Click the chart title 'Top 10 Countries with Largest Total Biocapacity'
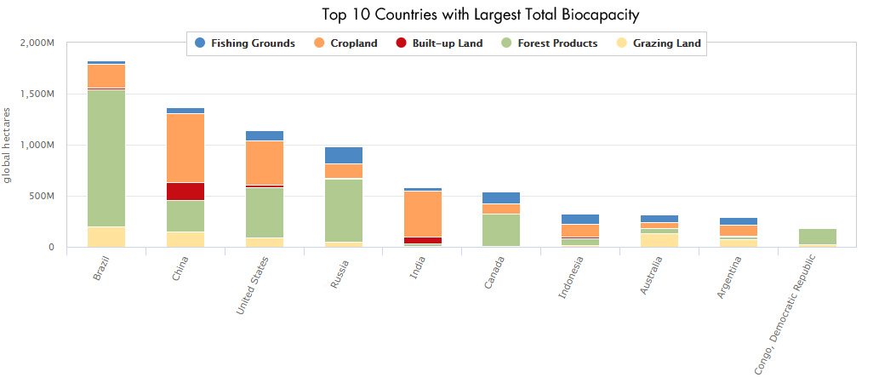(x=481, y=14)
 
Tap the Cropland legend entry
(x=345, y=43)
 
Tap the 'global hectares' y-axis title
(x=9, y=145)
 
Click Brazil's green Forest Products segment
(x=106, y=157)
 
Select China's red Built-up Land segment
(x=185, y=192)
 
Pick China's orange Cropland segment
(x=185, y=147)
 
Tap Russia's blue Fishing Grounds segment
(x=343, y=155)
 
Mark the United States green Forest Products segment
(x=264, y=212)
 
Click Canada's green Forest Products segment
(x=500, y=230)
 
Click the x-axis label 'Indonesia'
(x=572, y=277)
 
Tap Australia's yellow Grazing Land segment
(x=659, y=240)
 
